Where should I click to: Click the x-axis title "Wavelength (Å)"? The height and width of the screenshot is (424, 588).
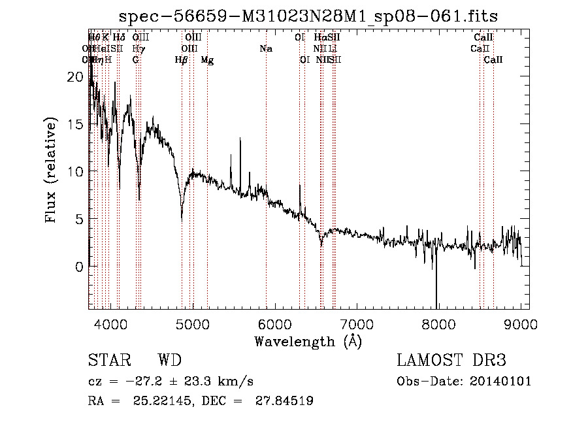point(308,341)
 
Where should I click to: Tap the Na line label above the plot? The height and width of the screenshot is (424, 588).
point(265,49)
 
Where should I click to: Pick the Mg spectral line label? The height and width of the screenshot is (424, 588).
point(207,60)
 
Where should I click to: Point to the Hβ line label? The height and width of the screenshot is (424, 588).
point(181,60)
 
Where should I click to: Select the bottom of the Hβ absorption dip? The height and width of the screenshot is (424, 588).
point(182,220)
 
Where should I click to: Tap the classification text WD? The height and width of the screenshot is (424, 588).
point(170,361)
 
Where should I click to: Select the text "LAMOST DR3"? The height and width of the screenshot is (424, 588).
point(451,361)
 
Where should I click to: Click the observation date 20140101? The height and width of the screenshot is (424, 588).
point(503,382)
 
